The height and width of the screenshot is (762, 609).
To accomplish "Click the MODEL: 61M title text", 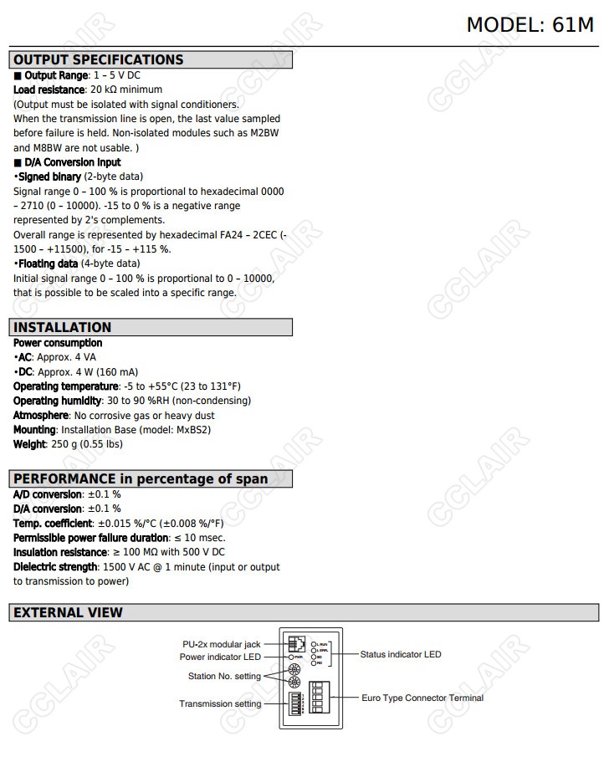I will pos(530,24).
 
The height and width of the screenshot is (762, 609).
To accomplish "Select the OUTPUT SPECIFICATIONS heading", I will pos(98,59).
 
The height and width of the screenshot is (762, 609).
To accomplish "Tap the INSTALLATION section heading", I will pos(62,327).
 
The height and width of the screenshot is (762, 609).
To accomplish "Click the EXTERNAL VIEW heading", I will pos(68,612).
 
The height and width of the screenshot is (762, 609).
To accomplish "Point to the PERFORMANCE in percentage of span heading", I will pos(141,478).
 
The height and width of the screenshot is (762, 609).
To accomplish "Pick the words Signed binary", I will pos(49,176).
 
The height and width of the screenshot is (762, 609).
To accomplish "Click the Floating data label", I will pos(47,263).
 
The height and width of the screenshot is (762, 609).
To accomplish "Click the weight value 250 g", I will pos(62,444).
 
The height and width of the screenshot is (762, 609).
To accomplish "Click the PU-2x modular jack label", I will pos(222,644).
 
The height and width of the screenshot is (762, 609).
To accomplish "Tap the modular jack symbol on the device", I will pos(296,643).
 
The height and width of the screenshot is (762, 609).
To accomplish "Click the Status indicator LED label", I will pos(400,654).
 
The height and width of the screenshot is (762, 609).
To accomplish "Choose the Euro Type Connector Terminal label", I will pos(422,698).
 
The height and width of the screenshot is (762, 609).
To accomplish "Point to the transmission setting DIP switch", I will pos(295,705).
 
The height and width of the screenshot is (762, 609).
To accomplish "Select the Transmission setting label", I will pos(220,704).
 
